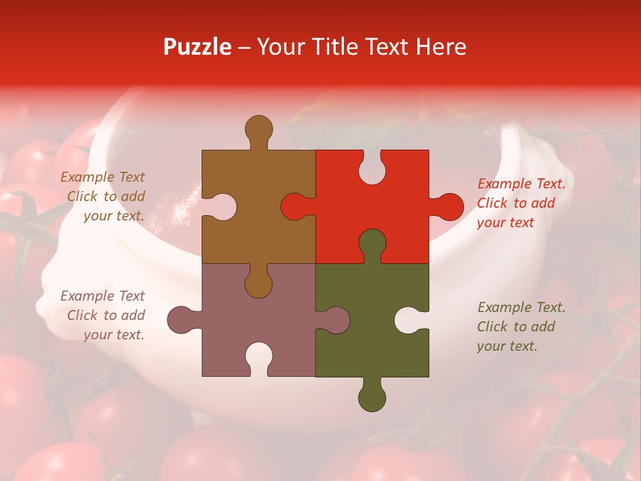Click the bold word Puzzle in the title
198,47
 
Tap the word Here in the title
440,47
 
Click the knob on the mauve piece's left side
181,319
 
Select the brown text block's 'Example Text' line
103,177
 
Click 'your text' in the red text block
505,222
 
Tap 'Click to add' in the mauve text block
105,315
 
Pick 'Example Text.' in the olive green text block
521,307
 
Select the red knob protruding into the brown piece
294,206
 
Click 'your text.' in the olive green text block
507,346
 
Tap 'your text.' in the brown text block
114,216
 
